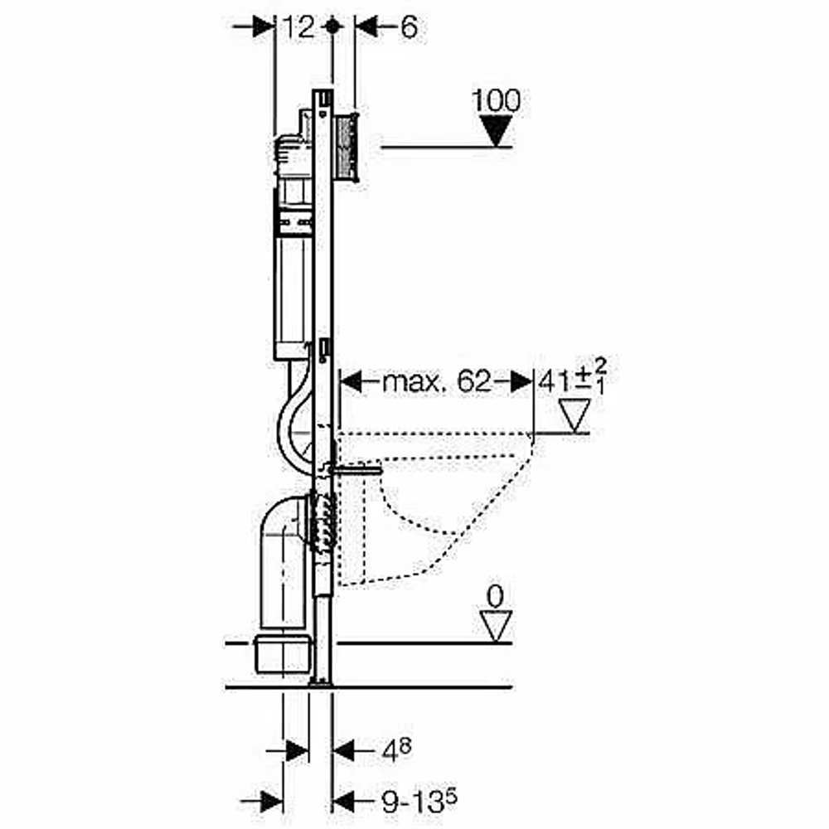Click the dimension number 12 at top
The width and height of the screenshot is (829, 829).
(298, 27)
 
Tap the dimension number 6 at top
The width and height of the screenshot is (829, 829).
(409, 27)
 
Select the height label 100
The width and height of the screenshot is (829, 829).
(496, 100)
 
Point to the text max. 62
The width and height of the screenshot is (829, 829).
(437, 381)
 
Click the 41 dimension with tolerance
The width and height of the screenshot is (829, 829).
(572, 376)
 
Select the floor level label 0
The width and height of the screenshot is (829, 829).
(496, 598)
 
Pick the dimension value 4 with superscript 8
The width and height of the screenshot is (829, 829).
(396, 749)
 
